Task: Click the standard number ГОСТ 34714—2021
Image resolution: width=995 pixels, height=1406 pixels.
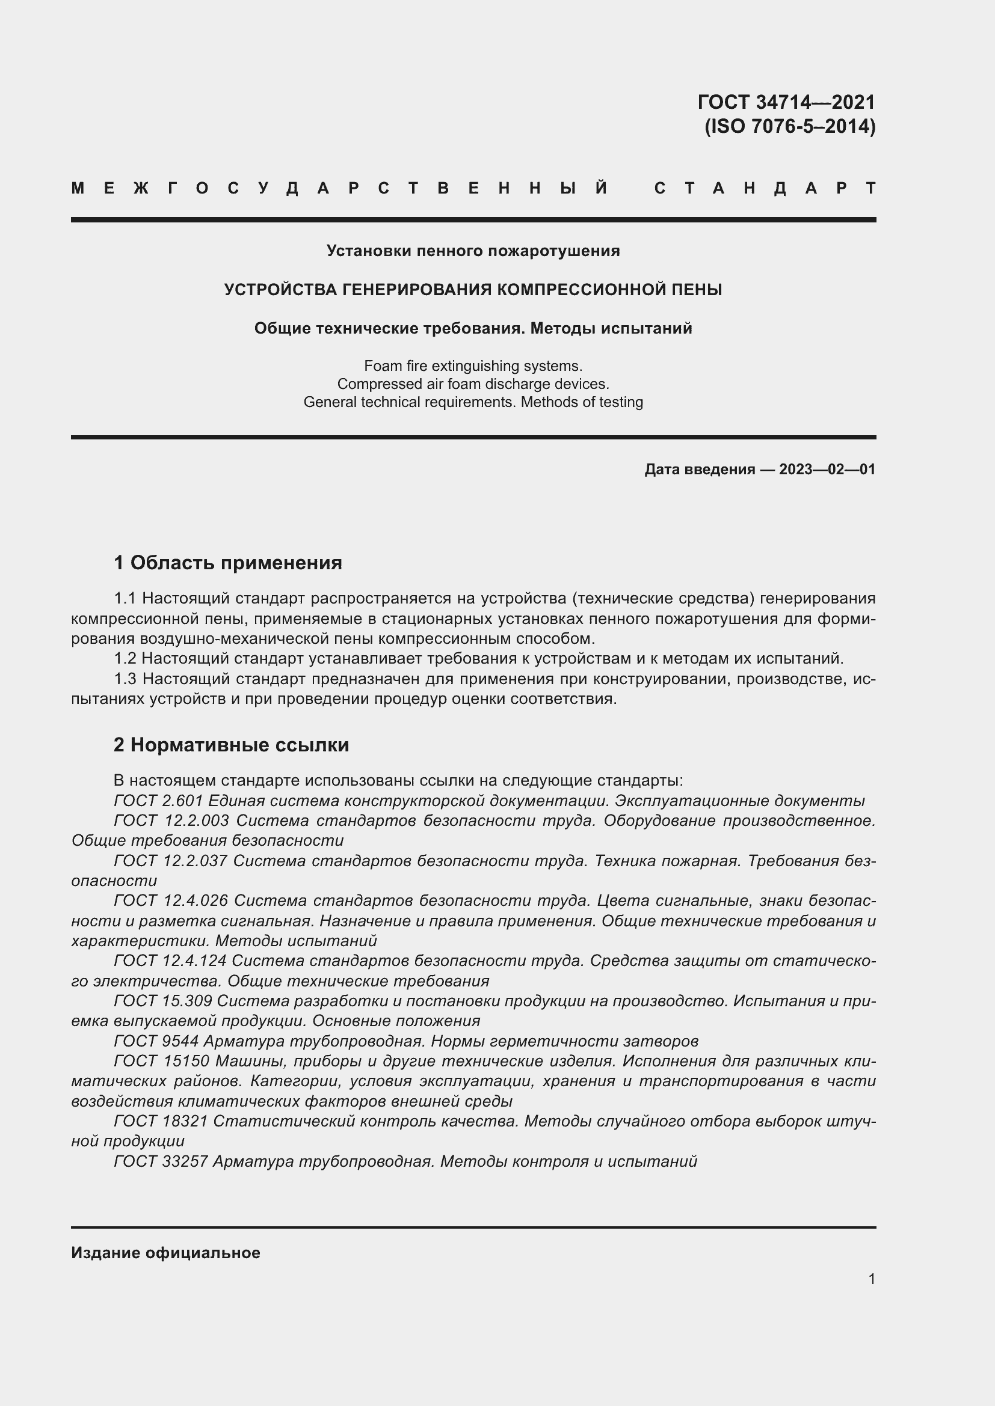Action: [786, 102]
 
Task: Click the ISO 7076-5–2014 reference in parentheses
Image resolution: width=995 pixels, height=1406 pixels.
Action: [790, 126]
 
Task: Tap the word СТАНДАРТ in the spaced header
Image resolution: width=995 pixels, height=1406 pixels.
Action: [765, 188]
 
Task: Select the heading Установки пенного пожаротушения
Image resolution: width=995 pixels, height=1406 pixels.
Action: [473, 251]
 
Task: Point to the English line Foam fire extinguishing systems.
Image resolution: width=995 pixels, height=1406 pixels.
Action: [473, 365]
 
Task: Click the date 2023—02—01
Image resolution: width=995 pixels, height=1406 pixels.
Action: [827, 469]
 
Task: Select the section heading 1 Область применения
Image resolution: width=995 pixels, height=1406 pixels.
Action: [228, 562]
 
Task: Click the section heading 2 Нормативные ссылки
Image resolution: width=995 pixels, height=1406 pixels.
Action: [231, 745]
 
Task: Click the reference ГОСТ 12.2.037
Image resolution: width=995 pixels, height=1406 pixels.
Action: [170, 860]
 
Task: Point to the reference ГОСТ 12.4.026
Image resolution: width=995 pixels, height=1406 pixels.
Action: [170, 900]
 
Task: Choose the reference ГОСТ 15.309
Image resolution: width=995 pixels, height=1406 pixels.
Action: [163, 1001]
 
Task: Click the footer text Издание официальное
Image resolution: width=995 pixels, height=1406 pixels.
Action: [165, 1252]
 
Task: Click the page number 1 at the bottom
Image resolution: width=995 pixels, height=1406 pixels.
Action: [871, 1279]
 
